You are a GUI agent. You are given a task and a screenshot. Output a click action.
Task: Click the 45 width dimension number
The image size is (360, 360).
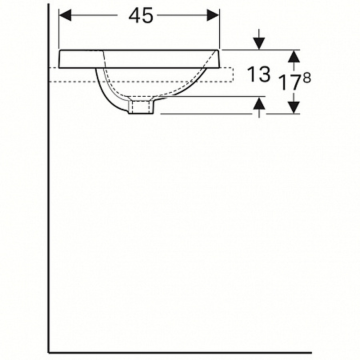[140, 16]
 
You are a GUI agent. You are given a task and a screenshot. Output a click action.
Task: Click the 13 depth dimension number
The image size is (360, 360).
[258, 74]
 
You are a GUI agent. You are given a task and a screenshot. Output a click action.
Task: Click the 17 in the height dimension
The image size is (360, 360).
[290, 83]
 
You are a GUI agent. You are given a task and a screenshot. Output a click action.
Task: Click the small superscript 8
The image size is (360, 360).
[307, 77]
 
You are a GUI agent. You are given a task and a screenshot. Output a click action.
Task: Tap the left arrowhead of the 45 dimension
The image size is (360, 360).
[65, 15]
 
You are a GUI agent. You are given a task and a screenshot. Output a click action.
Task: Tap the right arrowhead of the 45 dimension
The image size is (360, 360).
[213, 15]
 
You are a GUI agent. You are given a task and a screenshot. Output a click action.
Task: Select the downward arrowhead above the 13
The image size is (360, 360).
[259, 44]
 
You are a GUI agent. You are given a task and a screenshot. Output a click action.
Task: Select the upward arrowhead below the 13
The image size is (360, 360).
[259, 103]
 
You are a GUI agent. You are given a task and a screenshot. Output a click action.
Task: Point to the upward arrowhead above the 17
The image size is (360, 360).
[294, 57]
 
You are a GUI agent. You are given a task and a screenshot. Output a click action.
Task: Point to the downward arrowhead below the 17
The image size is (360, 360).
[294, 108]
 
